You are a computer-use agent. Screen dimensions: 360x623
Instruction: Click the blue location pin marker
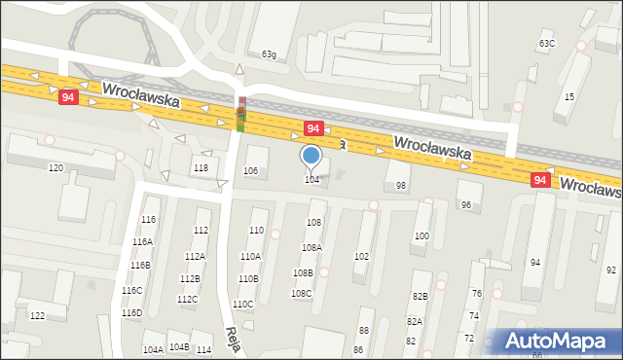point(311,156)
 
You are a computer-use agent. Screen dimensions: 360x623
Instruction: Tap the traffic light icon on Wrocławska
point(240,114)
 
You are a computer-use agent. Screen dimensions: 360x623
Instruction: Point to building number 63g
point(269,54)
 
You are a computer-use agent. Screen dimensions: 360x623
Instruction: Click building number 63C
point(547,44)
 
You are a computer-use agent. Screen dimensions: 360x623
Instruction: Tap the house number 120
point(55,168)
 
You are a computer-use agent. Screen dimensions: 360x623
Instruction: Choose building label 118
point(201,168)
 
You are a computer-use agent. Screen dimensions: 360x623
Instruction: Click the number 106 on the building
point(251,171)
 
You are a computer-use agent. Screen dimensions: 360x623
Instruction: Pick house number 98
point(401,185)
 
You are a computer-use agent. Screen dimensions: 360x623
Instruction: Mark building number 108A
point(311,248)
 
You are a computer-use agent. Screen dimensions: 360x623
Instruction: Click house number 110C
point(243,305)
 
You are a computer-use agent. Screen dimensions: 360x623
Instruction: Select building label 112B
point(190,279)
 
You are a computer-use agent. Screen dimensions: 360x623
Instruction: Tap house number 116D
point(131,312)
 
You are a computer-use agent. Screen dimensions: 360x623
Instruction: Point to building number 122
point(37,316)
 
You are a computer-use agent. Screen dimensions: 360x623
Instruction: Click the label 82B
point(420,296)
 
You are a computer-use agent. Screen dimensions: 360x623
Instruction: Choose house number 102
point(361,256)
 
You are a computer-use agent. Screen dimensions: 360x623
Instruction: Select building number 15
point(569,96)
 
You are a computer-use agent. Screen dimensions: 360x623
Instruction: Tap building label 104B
point(179,346)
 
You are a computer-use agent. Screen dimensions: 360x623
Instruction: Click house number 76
point(476,293)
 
